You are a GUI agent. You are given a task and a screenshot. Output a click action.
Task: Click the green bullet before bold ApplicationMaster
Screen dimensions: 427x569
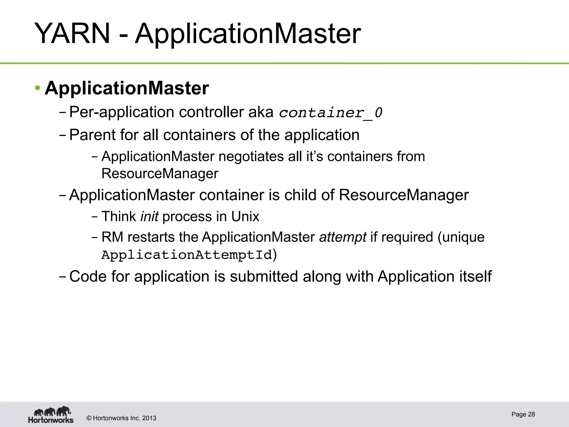point(38,88)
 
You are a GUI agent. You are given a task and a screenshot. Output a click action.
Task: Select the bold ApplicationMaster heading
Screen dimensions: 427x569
point(127,88)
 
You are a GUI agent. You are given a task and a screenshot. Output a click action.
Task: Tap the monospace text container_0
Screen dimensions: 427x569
point(331,113)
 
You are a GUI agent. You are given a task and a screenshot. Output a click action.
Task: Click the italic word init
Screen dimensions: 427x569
point(149,217)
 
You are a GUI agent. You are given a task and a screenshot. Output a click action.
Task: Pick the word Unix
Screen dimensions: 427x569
point(245,217)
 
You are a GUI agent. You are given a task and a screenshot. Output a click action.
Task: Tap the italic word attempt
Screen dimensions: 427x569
point(343,237)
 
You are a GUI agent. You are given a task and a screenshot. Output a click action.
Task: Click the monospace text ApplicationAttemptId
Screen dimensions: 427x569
point(186,255)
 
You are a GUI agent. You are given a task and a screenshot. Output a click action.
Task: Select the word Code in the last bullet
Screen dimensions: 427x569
point(88,277)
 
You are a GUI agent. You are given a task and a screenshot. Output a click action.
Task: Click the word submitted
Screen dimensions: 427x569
point(264,277)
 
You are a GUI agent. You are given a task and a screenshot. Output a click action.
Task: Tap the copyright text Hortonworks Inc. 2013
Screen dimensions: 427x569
point(124,418)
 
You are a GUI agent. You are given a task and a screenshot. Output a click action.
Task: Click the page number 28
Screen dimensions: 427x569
point(531,414)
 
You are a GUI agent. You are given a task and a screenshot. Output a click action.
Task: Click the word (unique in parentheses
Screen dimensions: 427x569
point(461,237)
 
